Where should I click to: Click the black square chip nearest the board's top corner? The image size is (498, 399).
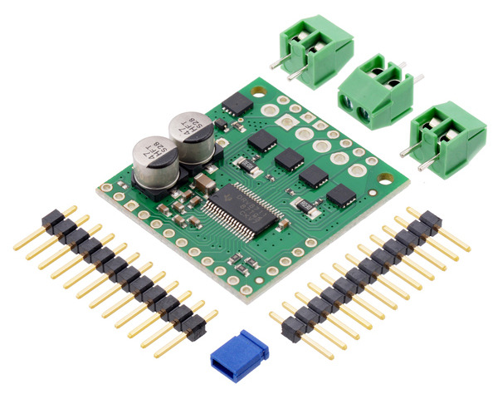pos(238,105)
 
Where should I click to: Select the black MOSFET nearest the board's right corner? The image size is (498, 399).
pos(341,196)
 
